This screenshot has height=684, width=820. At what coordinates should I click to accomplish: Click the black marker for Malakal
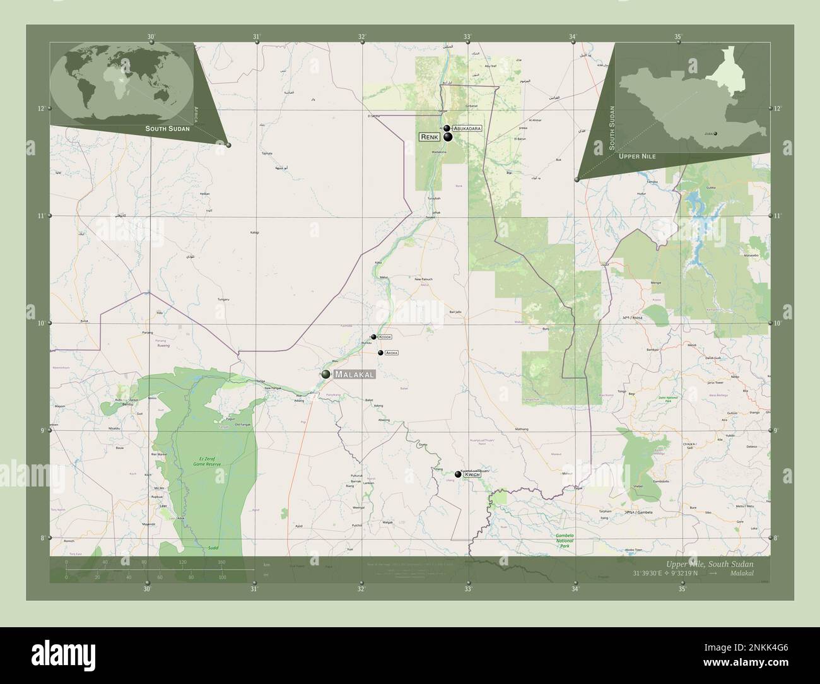(325, 374)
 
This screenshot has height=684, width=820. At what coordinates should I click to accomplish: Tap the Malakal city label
(354, 375)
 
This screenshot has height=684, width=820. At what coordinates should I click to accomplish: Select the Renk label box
(430, 136)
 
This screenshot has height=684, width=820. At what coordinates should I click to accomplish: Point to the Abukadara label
(467, 128)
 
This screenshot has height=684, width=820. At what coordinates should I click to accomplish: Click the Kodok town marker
(373, 337)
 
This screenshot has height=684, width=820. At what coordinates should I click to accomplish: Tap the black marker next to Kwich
(458, 474)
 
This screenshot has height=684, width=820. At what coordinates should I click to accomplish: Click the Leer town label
(163, 506)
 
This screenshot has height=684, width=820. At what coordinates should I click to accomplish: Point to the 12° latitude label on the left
(41, 109)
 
